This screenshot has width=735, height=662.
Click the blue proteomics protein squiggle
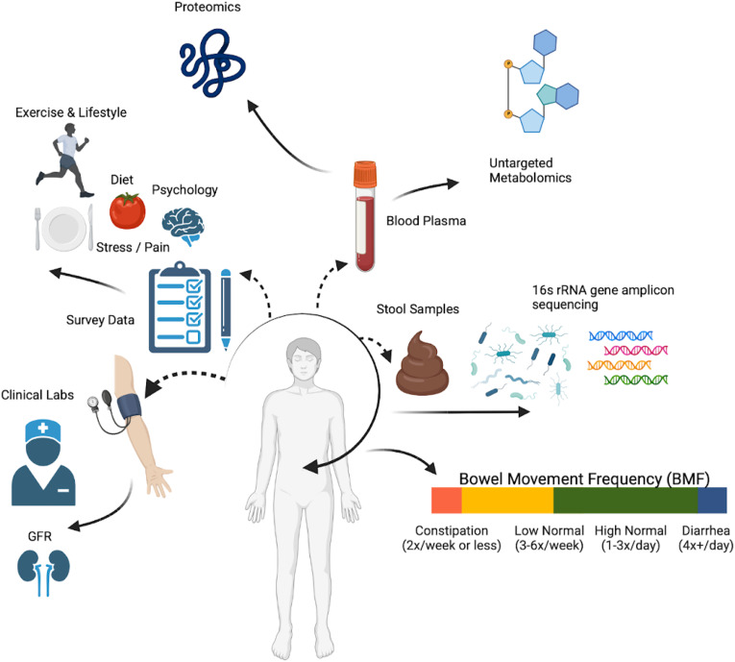pos(208,68)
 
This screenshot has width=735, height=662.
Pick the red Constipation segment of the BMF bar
pos(446,501)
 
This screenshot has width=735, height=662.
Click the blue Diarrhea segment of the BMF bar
pos(712,501)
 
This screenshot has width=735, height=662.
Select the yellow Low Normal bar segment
pos(507,501)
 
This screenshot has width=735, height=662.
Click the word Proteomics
pos(208,9)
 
